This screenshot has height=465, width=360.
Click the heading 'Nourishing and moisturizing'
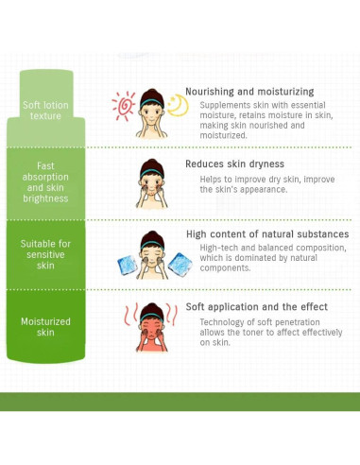pyautogui.click(x=249, y=92)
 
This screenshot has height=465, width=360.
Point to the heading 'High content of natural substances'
pyautogui.click(x=267, y=233)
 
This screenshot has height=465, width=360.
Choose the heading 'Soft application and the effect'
pyautogui.click(x=257, y=307)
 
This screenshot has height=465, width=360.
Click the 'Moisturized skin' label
pyautogui.click(x=45, y=327)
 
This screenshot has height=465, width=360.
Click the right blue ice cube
pyautogui.click(x=176, y=265)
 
